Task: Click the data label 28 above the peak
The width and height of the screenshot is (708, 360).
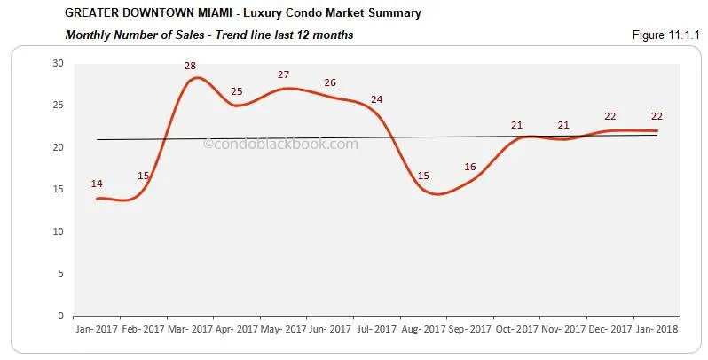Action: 190,66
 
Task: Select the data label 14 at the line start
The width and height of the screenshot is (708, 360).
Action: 97,184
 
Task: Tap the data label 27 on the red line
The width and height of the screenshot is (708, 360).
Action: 283,74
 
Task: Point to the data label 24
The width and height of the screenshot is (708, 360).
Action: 376,99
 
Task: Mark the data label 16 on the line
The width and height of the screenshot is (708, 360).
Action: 469,167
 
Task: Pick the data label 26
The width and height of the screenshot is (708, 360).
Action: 329,82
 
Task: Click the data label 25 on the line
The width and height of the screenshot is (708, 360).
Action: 237,91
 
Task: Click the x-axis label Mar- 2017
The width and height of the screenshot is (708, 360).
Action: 190,329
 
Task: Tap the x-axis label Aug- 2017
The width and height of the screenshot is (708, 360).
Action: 422,329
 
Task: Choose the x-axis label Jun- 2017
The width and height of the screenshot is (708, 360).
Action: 329,329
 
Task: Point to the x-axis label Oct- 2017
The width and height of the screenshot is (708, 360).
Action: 515,329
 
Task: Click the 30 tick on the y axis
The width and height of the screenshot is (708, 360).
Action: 58,63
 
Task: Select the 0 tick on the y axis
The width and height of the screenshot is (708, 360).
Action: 60,316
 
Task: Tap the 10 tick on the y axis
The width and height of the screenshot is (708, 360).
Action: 58,231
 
